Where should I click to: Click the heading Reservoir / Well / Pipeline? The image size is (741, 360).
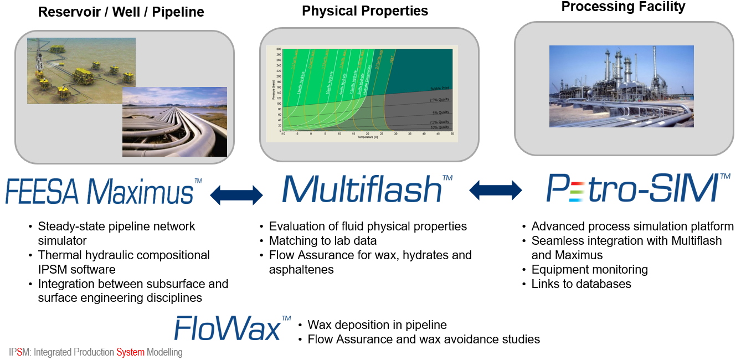(x=121, y=12)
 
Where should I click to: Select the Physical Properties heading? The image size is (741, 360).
(x=364, y=11)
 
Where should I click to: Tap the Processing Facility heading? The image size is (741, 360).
(x=623, y=7)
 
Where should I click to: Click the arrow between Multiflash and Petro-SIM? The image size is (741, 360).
(x=495, y=191)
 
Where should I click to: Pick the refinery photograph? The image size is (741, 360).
(x=621, y=86)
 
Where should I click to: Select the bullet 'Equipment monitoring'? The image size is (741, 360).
(x=589, y=270)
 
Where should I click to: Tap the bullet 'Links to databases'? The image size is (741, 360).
(x=581, y=284)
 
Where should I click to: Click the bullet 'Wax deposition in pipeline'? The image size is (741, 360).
(x=377, y=325)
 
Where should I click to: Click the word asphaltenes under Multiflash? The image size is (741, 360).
(x=301, y=270)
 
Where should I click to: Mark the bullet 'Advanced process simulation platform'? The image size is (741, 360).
(x=632, y=227)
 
